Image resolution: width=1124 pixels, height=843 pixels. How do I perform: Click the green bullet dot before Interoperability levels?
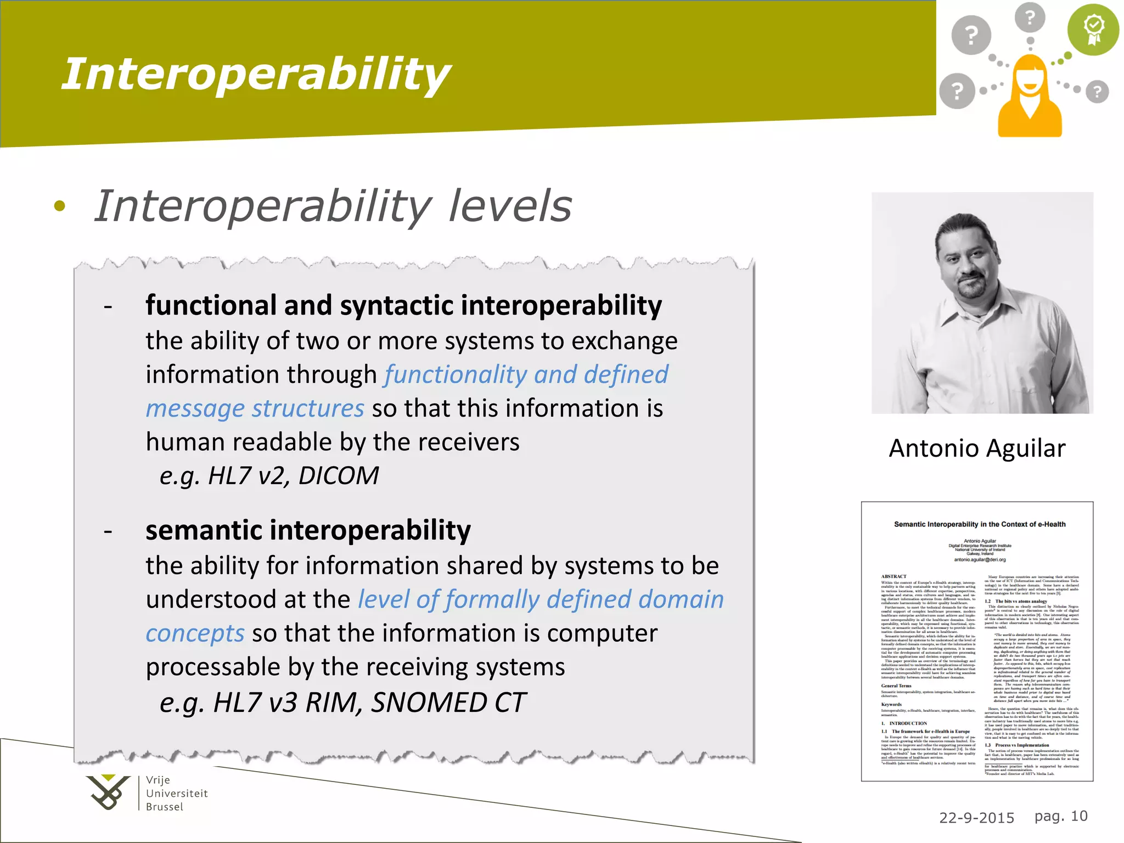coord(60,206)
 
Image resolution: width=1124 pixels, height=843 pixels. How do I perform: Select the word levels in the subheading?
coord(510,206)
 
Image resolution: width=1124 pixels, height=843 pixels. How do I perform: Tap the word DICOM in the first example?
coord(339,475)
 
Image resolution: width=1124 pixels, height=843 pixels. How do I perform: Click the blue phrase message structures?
coord(255,408)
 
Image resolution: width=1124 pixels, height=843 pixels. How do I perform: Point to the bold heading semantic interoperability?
coord(308,530)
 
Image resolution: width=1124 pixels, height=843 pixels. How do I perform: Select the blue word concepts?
coord(195,633)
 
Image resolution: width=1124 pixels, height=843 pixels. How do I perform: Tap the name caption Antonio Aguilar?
coord(977,448)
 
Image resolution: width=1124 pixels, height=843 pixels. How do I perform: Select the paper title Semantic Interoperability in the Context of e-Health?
coord(980,524)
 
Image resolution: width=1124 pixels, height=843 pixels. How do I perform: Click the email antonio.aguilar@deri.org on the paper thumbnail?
coord(980,560)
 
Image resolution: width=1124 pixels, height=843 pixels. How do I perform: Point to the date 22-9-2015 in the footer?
coord(976,818)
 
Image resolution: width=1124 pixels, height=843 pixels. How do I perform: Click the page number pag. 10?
coord(1060,816)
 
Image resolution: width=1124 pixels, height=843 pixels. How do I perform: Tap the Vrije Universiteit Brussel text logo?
coord(176,794)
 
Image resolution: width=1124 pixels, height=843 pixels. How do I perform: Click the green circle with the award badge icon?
coord(1093,30)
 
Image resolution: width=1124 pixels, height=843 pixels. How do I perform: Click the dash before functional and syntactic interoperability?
coord(108,307)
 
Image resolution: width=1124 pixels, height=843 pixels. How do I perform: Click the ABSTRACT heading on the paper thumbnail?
coord(893,576)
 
